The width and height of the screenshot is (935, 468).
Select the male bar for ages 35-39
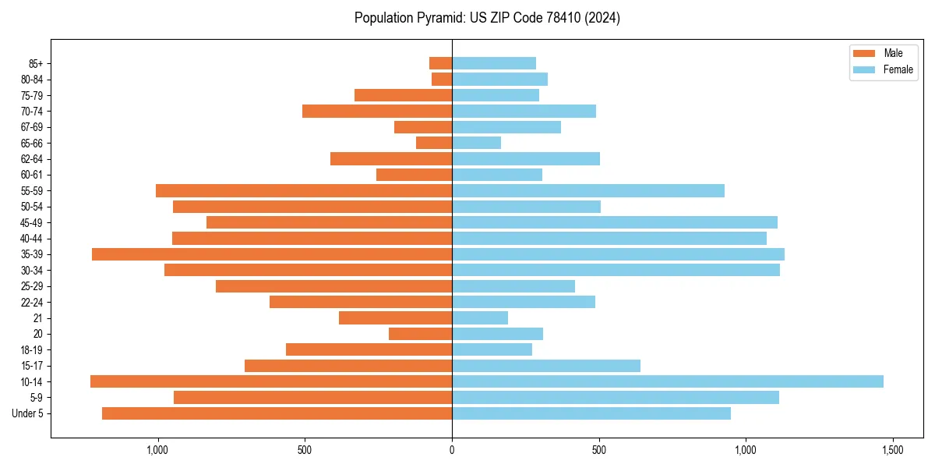tap(272, 254)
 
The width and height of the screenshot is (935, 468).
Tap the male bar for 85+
tap(440, 63)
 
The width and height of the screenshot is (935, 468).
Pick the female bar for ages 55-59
tap(588, 190)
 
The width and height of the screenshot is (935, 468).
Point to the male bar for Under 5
tap(277, 413)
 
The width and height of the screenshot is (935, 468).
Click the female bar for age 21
tap(480, 317)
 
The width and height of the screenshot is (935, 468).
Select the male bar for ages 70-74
tap(377, 111)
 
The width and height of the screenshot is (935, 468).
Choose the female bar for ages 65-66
tap(476, 143)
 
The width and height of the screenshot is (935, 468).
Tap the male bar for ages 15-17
tap(348, 366)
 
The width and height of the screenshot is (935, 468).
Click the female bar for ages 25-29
tap(513, 286)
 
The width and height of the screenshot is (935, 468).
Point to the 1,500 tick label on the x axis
tap(893, 451)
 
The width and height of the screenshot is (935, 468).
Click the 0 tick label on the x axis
tap(452, 451)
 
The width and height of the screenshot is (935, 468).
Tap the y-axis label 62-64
tap(32, 159)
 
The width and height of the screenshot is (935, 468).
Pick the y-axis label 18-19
tap(32, 350)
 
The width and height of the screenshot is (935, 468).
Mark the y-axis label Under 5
tap(28, 413)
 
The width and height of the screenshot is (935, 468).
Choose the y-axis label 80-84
tap(32, 80)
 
